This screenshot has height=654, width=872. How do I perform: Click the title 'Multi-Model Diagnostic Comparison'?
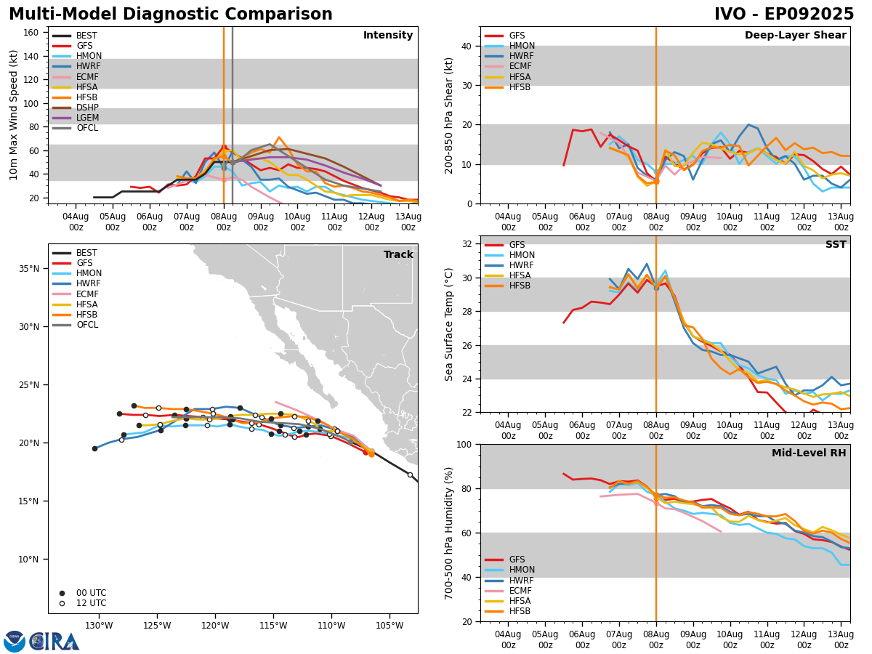(x=170, y=15)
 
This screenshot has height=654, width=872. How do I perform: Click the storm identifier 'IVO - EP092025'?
(x=783, y=15)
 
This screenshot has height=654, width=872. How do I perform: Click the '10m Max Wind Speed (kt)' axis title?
(x=14, y=115)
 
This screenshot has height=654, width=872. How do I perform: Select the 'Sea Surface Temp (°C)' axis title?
(x=449, y=324)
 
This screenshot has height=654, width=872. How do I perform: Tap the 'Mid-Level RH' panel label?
(x=808, y=453)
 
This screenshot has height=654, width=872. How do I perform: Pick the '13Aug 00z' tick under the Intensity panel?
(x=408, y=222)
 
